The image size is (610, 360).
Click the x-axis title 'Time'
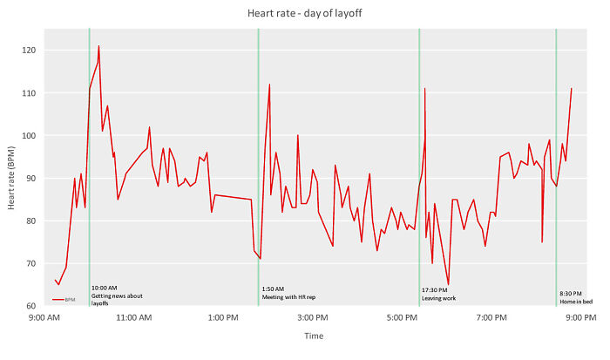(x=314, y=336)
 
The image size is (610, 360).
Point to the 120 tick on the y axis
(x=30, y=51)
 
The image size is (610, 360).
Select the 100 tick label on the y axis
(x=30, y=136)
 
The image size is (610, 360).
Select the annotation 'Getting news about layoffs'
(x=117, y=296)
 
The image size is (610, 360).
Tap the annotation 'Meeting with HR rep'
(x=288, y=296)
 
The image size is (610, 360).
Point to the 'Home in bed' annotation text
(x=576, y=301)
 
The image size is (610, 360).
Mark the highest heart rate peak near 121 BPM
(x=98, y=46)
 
